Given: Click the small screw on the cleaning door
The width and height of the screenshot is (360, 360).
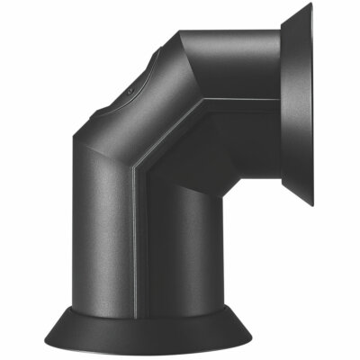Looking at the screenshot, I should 132,92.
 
